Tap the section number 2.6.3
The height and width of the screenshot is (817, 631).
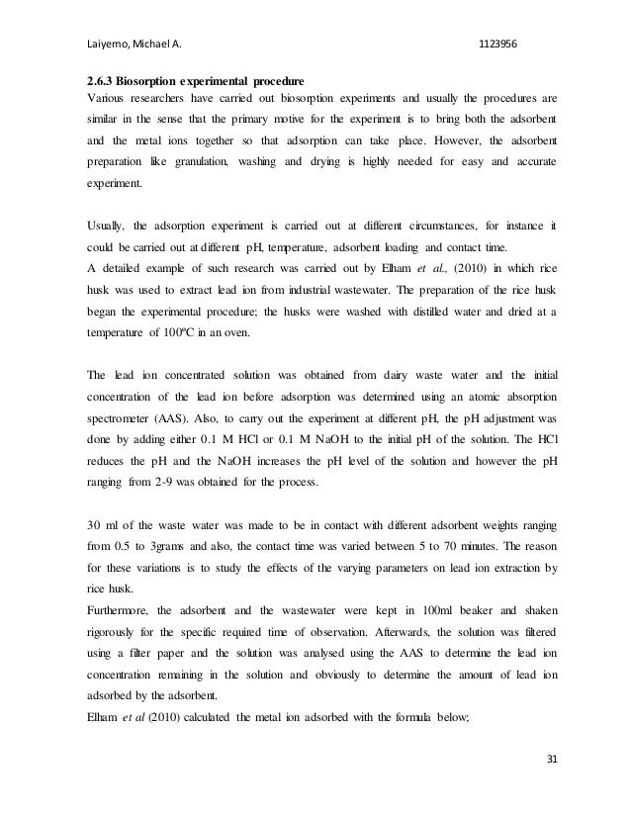tap(96, 80)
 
